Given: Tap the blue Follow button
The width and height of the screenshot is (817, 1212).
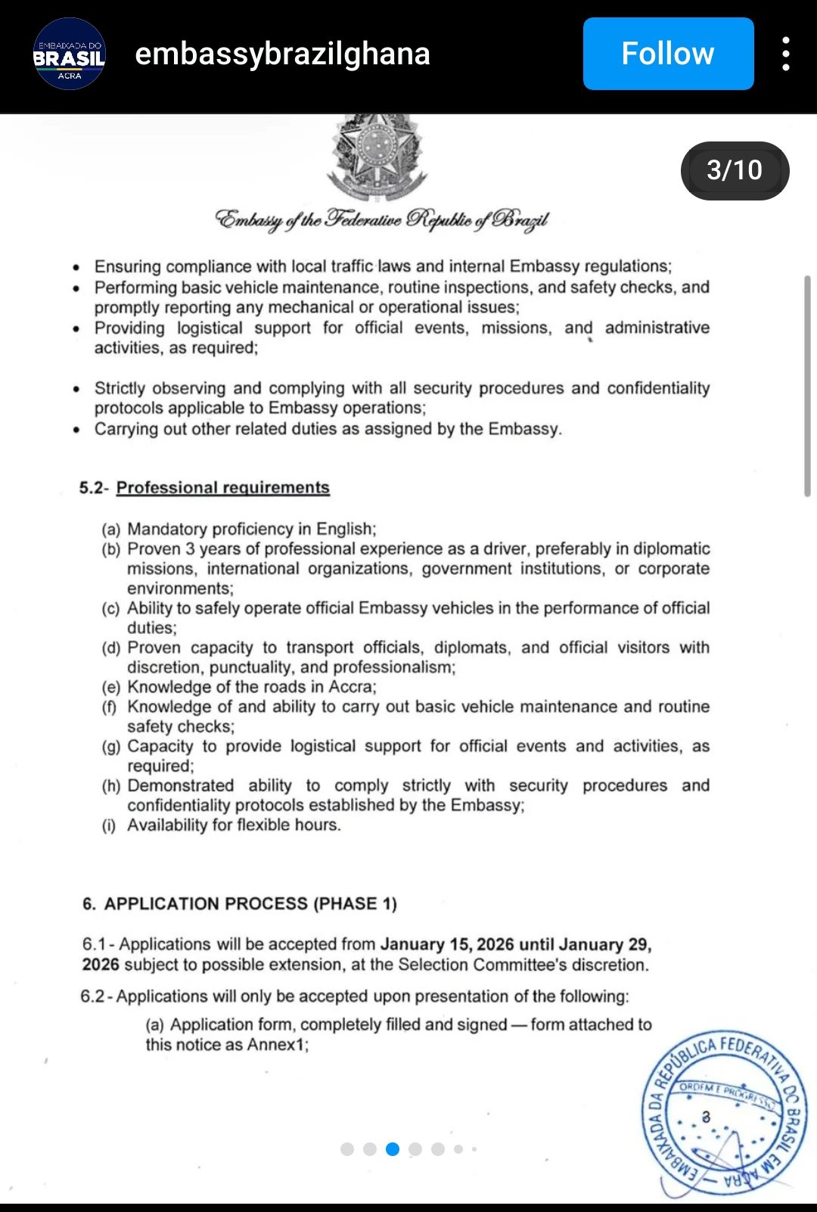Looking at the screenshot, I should click(668, 54).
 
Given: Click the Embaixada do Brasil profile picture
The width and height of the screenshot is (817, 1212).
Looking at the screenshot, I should click(69, 54).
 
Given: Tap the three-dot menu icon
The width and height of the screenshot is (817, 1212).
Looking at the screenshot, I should click(786, 54).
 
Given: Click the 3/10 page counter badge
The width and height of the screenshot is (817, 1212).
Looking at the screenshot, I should click(735, 170).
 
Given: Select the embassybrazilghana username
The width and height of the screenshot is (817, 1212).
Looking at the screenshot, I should click(282, 54).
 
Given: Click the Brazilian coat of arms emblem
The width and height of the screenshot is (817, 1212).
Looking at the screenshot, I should click(376, 155).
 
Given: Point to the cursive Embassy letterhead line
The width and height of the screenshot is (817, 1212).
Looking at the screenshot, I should click(382, 220).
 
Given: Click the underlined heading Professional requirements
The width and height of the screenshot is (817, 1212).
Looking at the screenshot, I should click(223, 488).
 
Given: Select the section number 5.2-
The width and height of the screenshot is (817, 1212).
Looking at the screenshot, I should click(94, 488).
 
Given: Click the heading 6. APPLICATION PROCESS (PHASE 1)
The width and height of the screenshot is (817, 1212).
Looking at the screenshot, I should click(240, 904).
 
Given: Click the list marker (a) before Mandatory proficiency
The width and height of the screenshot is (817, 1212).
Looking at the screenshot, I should click(111, 530).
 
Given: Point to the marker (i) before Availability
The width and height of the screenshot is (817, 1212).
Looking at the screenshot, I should click(110, 825).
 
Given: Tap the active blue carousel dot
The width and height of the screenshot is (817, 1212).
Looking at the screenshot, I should click(393, 1149).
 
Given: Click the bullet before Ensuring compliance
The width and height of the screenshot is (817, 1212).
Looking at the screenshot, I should click(76, 267).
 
